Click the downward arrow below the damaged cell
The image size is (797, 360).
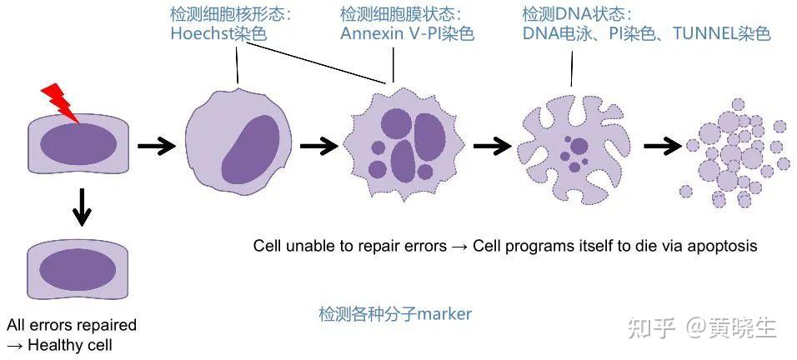pyautogui.click(x=81, y=206)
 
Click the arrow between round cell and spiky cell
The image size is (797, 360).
pyautogui.click(x=318, y=147)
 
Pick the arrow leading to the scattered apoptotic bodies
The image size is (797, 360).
pyautogui.click(x=663, y=147)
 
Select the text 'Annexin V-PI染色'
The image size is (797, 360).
pyautogui.click(x=407, y=34)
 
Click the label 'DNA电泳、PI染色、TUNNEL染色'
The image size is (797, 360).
pyautogui.click(x=646, y=34)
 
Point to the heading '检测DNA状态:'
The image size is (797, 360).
pyautogui.click(x=577, y=14)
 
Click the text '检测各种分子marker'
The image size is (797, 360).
pyautogui.click(x=395, y=314)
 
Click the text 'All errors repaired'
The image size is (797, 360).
pyautogui.click(x=72, y=325)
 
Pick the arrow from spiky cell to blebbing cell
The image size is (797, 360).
pyautogui.click(x=492, y=147)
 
